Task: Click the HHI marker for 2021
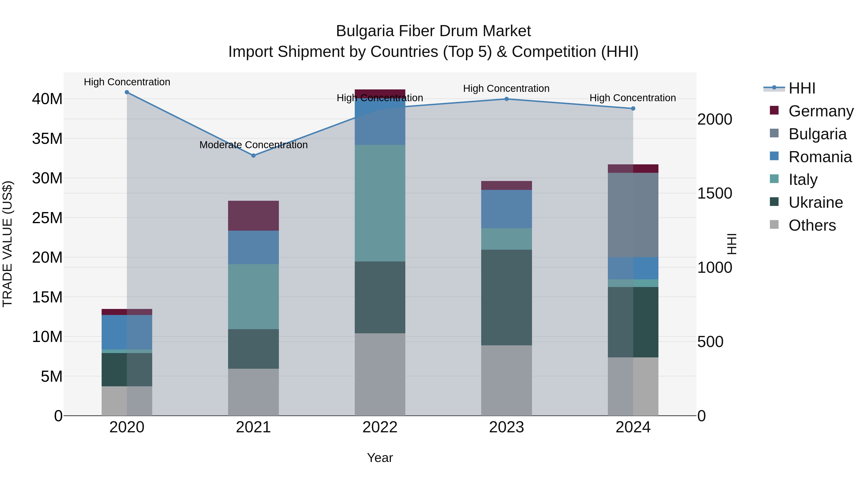point(253,156)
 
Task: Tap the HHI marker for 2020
point(127,92)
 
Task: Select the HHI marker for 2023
point(506,99)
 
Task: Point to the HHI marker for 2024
point(633,108)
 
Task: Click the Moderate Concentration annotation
point(253,145)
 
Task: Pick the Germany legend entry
point(821,111)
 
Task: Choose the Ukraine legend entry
point(815,202)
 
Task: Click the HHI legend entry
point(802,88)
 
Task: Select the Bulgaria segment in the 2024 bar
point(633,215)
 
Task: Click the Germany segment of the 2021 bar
point(253,215)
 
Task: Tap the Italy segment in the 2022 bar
point(380,203)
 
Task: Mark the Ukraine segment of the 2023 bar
point(506,297)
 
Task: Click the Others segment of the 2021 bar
point(253,392)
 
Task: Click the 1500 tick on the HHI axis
point(715,194)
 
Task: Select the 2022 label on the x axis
point(380,427)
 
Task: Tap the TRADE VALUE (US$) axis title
point(7,244)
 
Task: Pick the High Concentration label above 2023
point(506,89)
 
